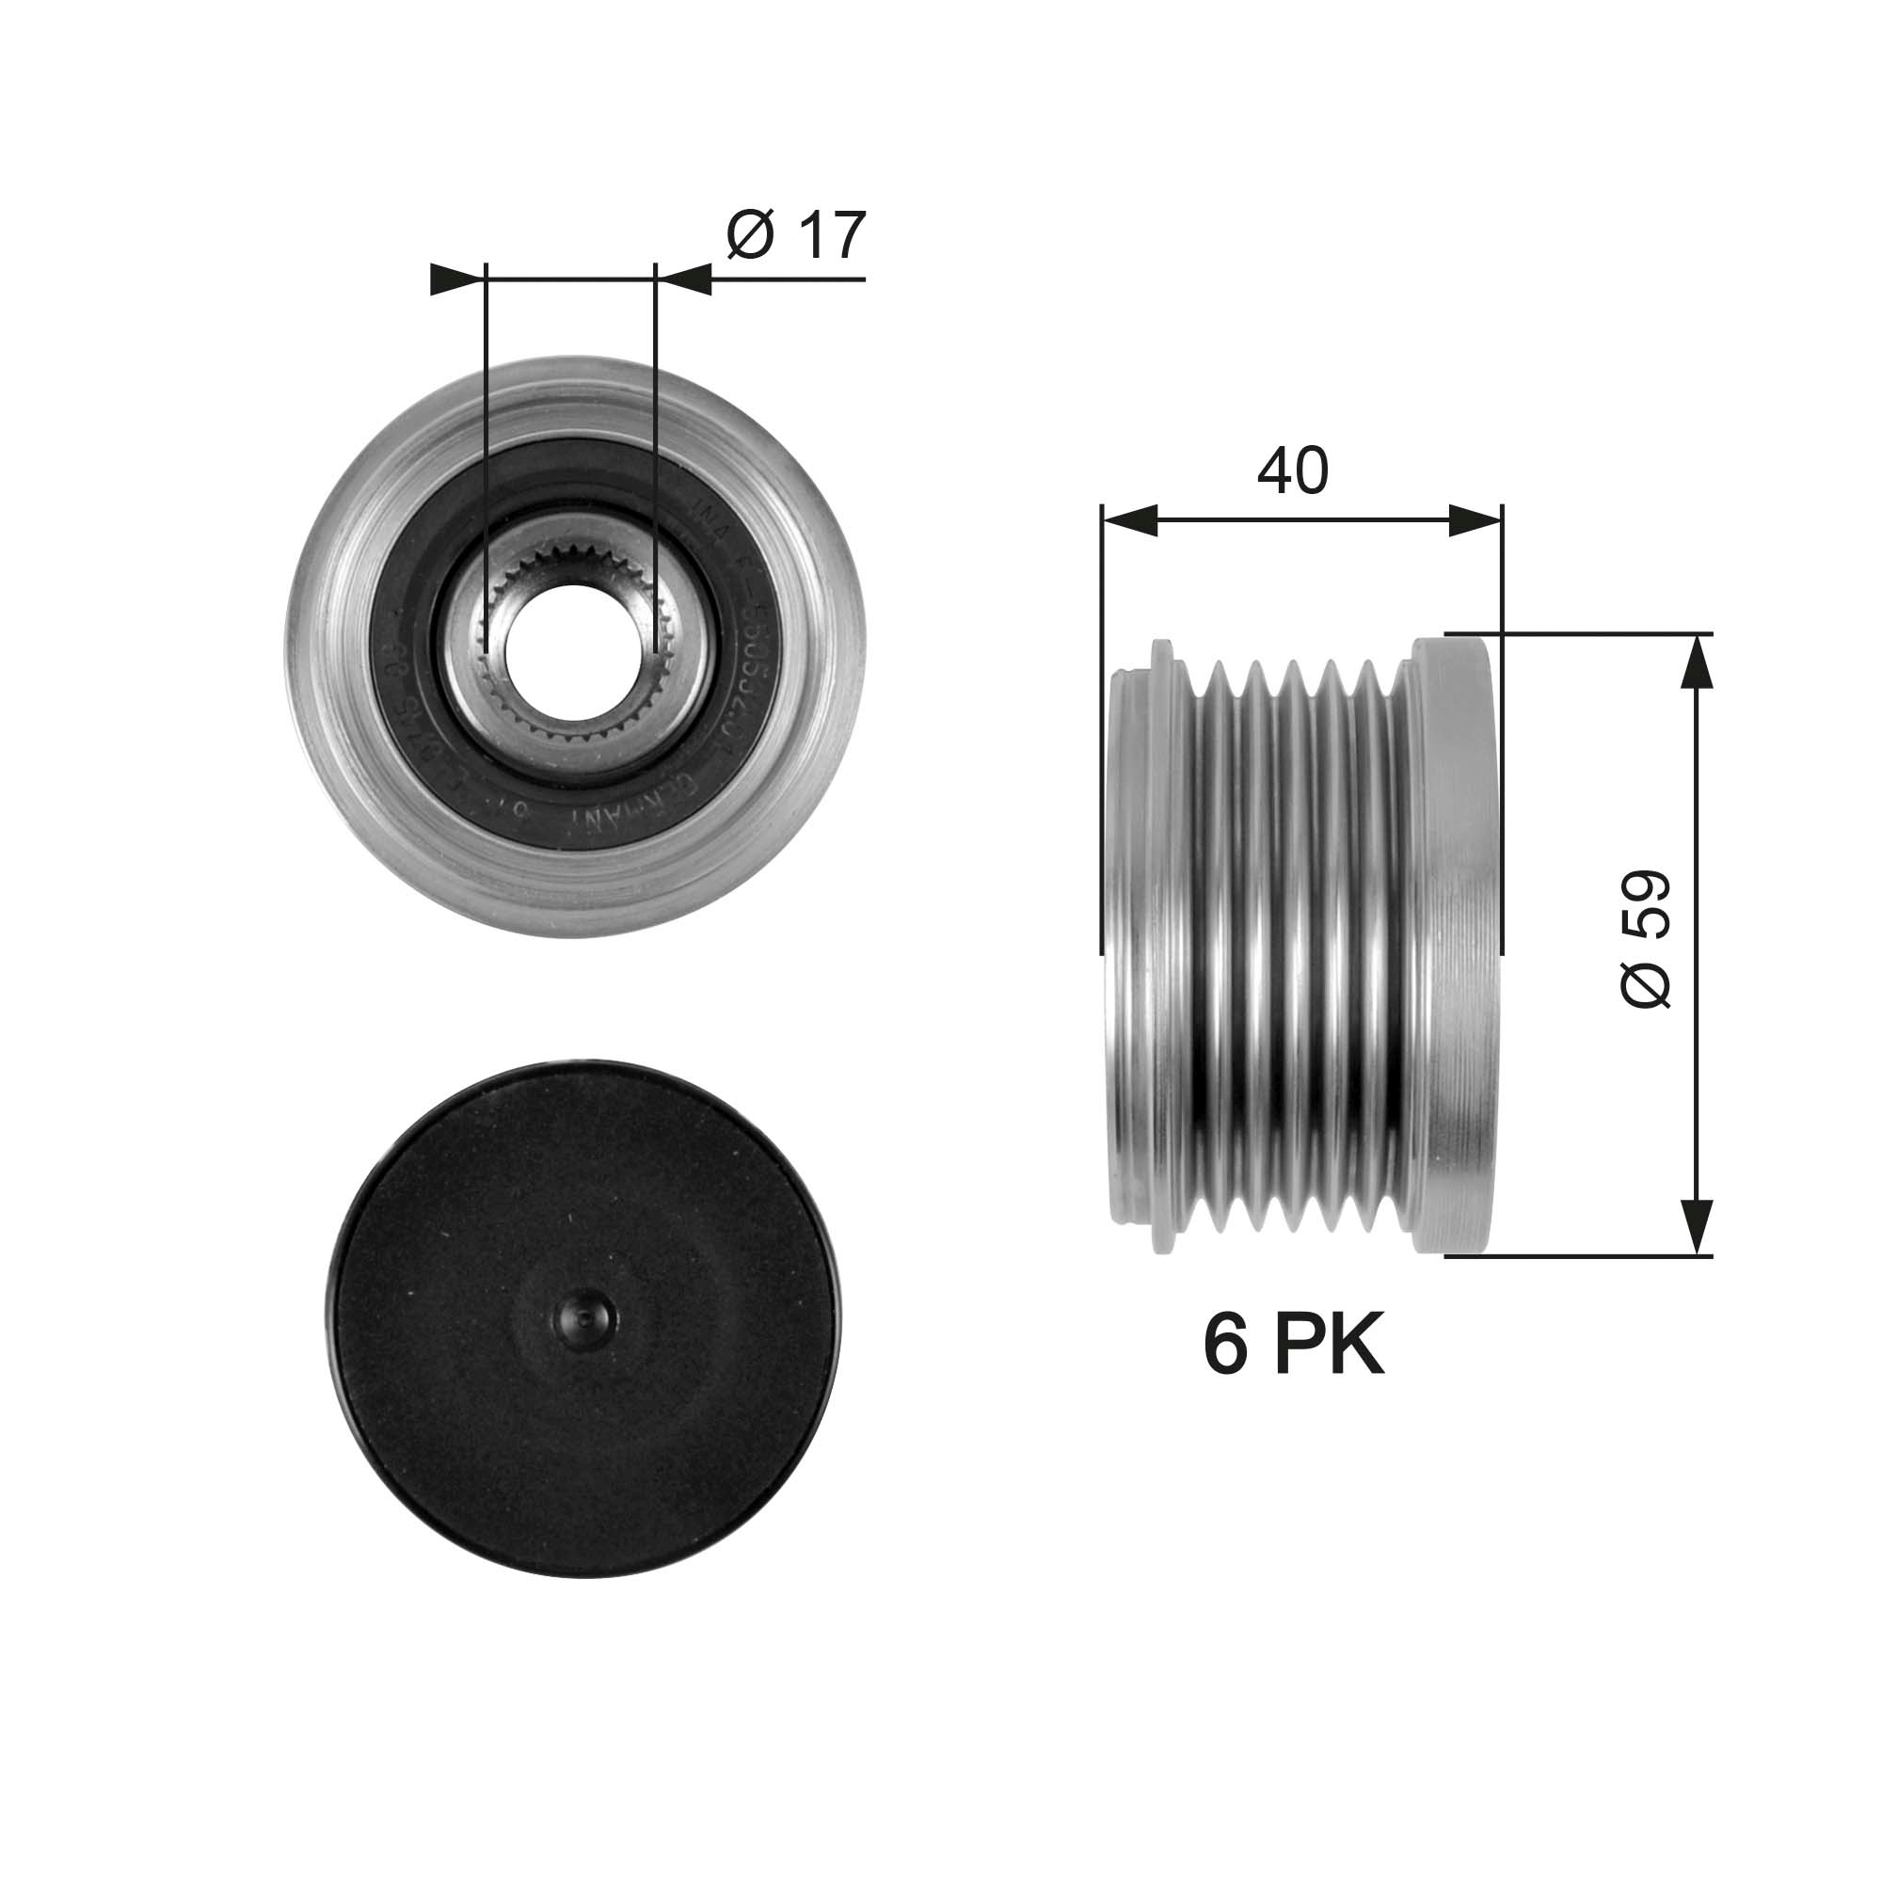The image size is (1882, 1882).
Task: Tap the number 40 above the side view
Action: pyautogui.click(x=1292, y=470)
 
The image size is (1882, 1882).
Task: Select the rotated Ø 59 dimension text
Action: pyautogui.click(x=1646, y=939)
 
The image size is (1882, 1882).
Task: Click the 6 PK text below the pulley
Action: pyautogui.click(x=1293, y=1347)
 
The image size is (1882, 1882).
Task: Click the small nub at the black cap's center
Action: pyautogui.click(x=582, y=1320)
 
